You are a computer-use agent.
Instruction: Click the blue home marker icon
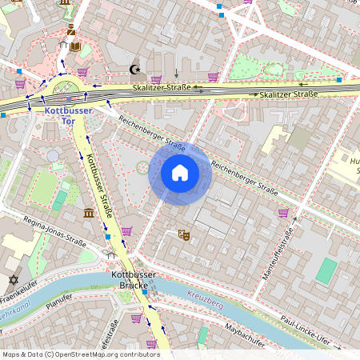pos(180,172)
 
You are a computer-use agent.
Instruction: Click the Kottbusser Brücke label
pos(130,279)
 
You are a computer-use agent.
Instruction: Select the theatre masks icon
pos(183,234)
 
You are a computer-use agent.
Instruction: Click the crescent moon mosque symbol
pos(135,70)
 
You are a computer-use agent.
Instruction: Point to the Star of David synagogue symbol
pos(12,280)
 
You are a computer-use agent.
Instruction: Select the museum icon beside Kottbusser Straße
pos(88,213)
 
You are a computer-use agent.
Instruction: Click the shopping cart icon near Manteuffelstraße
pos(283,213)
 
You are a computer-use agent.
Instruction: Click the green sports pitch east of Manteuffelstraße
pos(326,270)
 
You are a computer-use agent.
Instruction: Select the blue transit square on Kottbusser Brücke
pos(144,292)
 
